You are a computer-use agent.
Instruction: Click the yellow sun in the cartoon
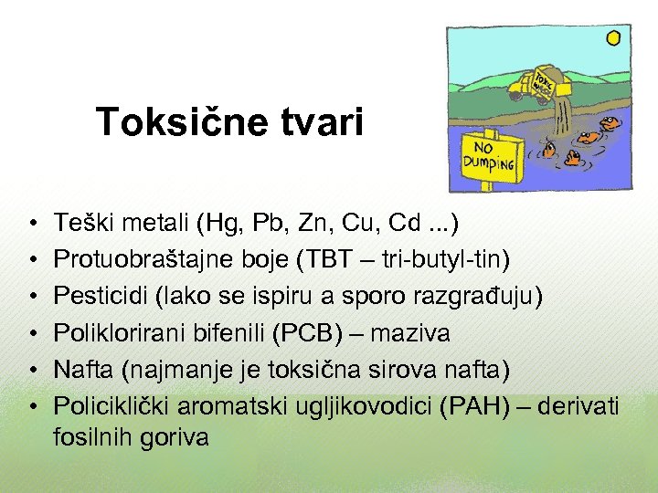pos(613,37)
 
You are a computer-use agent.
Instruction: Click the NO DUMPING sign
pos(491,162)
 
